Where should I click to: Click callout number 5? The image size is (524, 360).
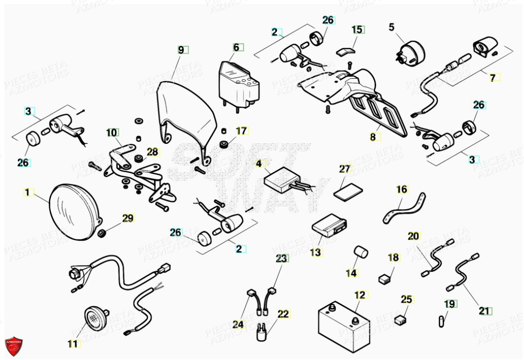(392, 26)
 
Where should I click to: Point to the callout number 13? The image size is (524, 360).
(315, 252)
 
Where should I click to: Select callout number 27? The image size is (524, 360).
(345, 169)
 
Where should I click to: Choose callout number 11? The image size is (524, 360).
(73, 344)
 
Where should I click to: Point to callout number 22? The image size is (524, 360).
(283, 314)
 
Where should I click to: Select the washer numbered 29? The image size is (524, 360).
(102, 233)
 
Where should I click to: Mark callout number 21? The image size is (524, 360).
(484, 311)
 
